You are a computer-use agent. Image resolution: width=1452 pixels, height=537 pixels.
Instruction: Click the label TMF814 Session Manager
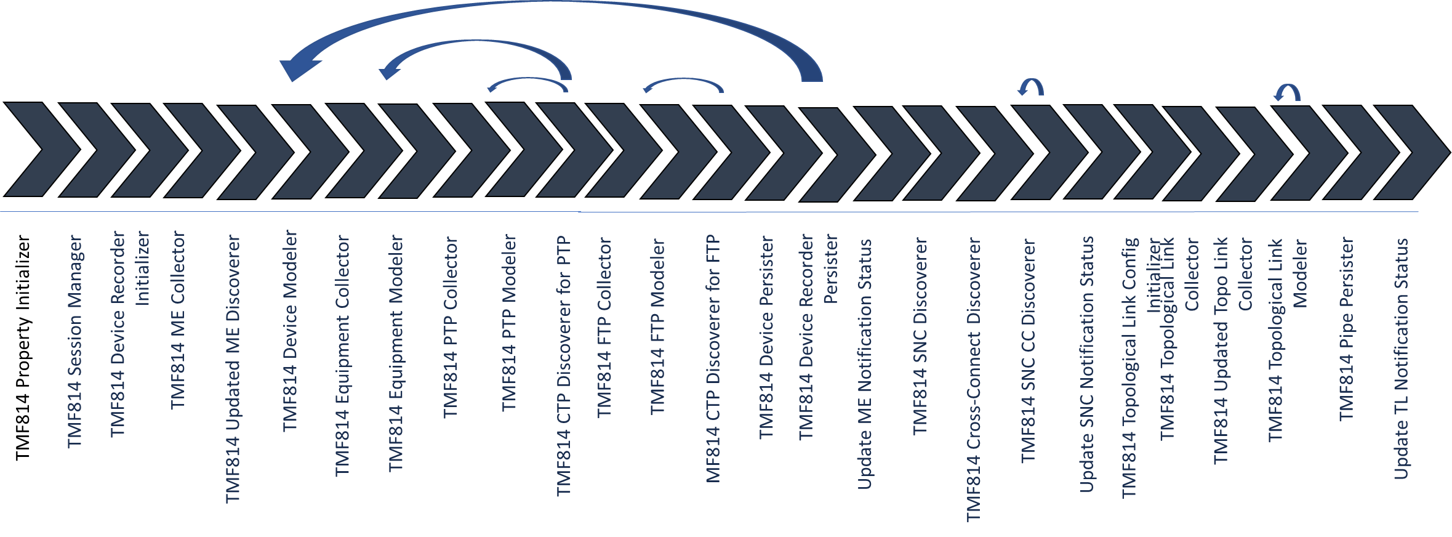click(x=74, y=342)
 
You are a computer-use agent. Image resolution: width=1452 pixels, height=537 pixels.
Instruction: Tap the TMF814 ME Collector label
click(x=178, y=320)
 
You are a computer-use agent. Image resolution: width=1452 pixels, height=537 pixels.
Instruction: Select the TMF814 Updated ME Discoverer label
click(x=233, y=368)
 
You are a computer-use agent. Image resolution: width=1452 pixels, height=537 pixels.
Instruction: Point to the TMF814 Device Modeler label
click(x=290, y=331)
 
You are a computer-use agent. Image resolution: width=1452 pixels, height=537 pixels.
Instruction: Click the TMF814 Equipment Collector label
click(x=343, y=356)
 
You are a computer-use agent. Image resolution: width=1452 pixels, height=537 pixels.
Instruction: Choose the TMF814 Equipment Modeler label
click(x=396, y=353)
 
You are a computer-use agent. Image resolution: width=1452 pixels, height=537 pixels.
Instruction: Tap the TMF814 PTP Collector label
click(x=451, y=328)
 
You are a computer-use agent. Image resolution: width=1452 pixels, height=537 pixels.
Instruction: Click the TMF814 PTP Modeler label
click(x=509, y=323)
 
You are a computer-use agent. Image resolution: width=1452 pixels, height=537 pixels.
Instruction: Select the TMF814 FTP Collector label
click(x=604, y=328)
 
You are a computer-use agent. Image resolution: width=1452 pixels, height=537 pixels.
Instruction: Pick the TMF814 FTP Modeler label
click(x=658, y=326)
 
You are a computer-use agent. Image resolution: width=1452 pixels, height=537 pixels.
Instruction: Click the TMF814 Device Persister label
click(x=766, y=337)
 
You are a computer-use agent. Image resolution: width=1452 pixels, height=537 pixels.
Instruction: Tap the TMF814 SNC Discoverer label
click(x=920, y=336)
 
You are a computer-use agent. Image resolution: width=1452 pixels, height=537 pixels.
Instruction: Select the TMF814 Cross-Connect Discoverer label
click(x=974, y=379)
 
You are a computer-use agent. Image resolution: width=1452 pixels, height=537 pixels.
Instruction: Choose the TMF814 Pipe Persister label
click(x=1347, y=329)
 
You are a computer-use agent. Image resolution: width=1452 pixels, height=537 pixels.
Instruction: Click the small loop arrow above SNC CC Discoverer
click(x=1031, y=87)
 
